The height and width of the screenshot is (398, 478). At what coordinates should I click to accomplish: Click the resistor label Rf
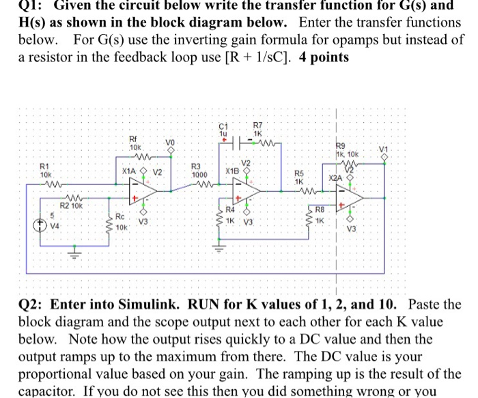coord(134,139)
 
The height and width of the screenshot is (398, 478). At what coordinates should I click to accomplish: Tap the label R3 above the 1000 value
coord(197,166)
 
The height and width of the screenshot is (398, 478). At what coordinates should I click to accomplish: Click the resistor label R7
coord(257,126)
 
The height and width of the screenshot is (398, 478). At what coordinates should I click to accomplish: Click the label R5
coord(298,173)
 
